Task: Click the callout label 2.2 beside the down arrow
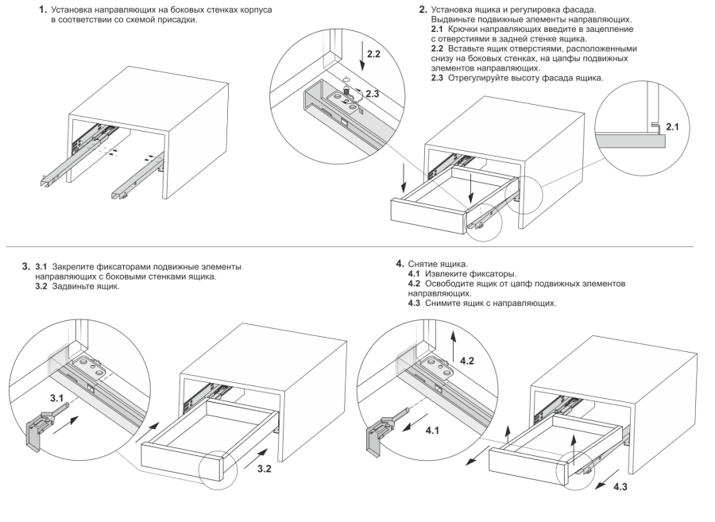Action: (x=373, y=54)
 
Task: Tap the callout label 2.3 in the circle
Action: (x=372, y=94)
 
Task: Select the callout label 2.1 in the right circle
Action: (x=672, y=127)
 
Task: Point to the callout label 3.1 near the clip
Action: (x=56, y=398)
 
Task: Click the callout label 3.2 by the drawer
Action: (x=264, y=469)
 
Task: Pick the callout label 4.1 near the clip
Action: (x=432, y=430)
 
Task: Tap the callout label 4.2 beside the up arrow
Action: (x=467, y=361)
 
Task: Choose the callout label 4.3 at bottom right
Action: (x=620, y=487)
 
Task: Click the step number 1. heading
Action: (x=43, y=10)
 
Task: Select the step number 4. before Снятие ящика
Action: (x=400, y=264)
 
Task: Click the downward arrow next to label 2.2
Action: (x=363, y=55)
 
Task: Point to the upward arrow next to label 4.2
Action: (x=454, y=346)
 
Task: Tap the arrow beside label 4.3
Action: (x=607, y=479)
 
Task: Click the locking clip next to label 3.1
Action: (x=44, y=427)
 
